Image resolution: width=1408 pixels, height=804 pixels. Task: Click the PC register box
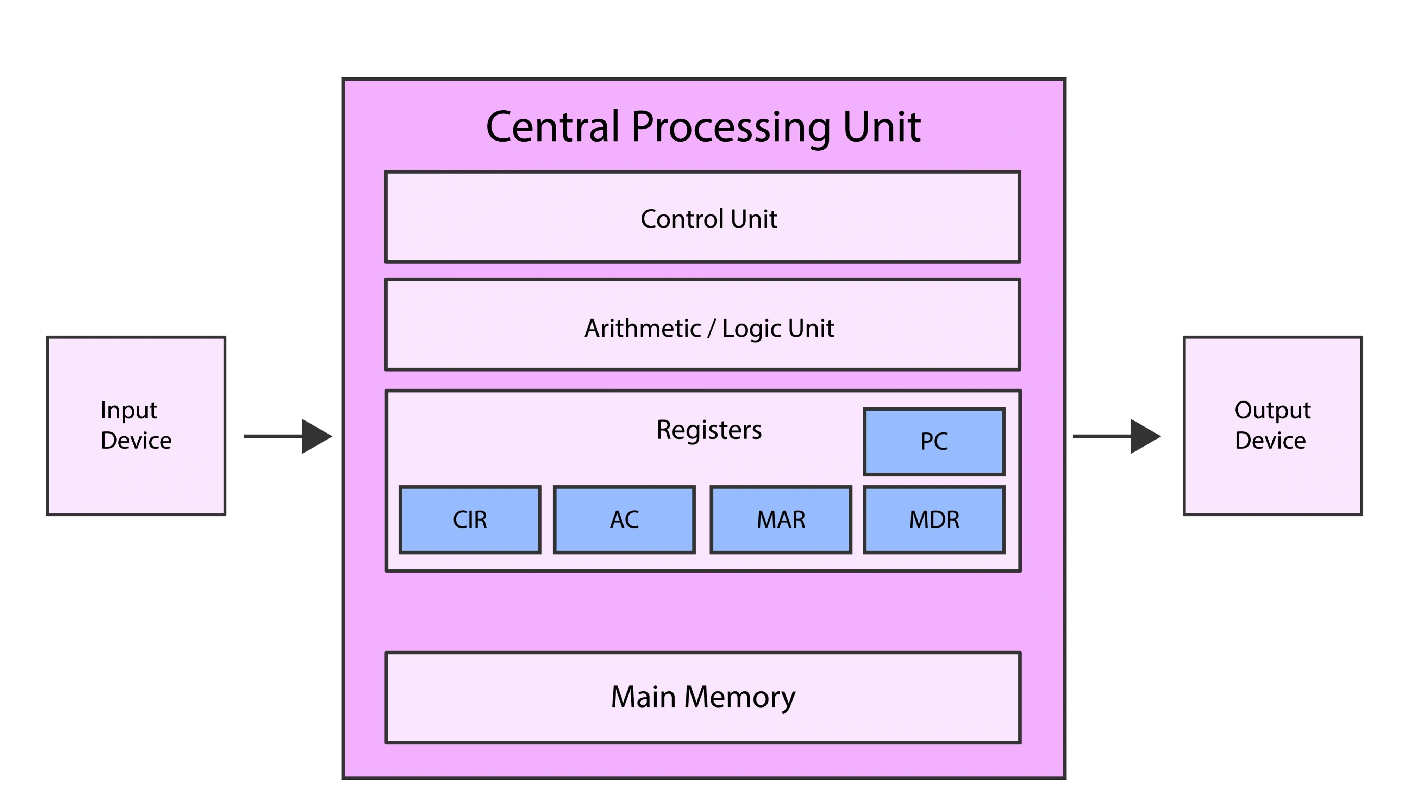pos(933,441)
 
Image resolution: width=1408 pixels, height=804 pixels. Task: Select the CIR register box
pos(470,519)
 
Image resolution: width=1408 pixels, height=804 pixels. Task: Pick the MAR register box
pos(781,519)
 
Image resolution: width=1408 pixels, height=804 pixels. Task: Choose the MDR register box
pos(933,519)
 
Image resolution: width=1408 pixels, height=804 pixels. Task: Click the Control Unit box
pos(702,217)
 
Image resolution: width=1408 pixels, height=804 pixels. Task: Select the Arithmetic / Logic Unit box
pos(702,325)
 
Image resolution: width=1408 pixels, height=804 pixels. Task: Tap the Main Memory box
pos(702,697)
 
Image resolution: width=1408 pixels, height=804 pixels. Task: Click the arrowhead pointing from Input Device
pos(316,436)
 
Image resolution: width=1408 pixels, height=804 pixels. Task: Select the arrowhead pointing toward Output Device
pos(1145,436)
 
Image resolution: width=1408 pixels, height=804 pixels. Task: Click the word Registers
pos(709,430)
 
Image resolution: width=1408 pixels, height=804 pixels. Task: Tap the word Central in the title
pos(552,127)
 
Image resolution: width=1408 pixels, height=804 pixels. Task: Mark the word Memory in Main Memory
pos(740,697)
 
